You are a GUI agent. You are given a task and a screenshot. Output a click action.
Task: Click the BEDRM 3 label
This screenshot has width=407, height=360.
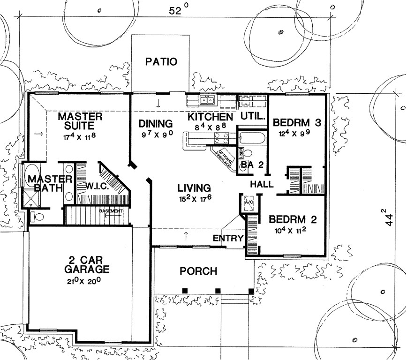[297, 123]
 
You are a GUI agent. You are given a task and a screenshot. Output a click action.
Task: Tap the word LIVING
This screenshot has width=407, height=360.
[194, 188]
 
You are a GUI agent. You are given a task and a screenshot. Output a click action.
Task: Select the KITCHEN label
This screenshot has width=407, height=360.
[210, 117]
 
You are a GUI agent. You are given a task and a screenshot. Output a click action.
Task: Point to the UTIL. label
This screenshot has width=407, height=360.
[253, 115]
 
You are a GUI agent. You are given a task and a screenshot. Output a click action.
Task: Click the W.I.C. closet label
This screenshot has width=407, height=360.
[98, 186]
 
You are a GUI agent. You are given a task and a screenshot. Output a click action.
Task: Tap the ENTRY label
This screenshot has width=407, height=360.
[228, 238]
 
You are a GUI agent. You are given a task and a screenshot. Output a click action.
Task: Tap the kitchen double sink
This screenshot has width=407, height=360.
[207, 100]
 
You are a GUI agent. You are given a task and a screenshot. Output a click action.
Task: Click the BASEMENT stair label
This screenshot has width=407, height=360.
[111, 211]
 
